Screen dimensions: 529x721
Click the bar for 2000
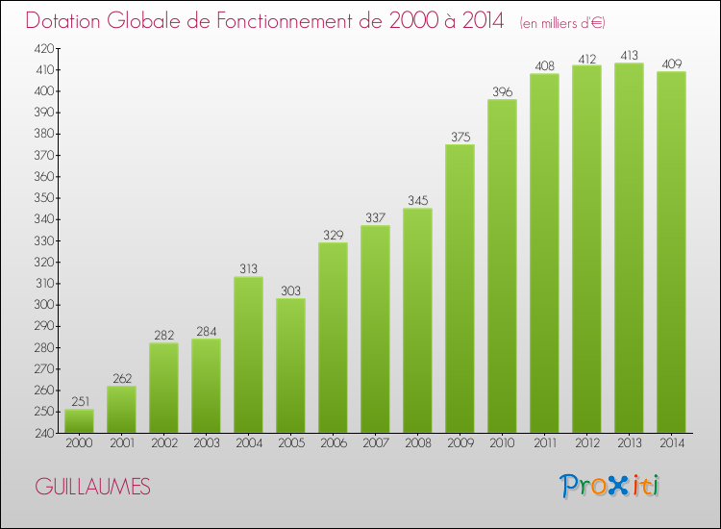79,421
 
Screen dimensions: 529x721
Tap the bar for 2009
460,289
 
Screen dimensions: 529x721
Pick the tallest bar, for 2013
629,248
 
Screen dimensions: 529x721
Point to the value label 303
290,290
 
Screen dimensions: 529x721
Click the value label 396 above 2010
502,91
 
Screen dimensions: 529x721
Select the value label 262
121,378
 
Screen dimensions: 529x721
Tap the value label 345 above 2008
417,200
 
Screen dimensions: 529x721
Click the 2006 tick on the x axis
333,444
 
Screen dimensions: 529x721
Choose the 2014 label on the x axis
671,444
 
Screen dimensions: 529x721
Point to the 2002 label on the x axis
163,444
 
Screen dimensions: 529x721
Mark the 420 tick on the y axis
44,48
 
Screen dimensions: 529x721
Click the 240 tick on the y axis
44,433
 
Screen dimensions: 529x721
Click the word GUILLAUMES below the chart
92,487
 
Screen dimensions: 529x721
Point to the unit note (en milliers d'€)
562,23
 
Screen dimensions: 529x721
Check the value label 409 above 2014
671,63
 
